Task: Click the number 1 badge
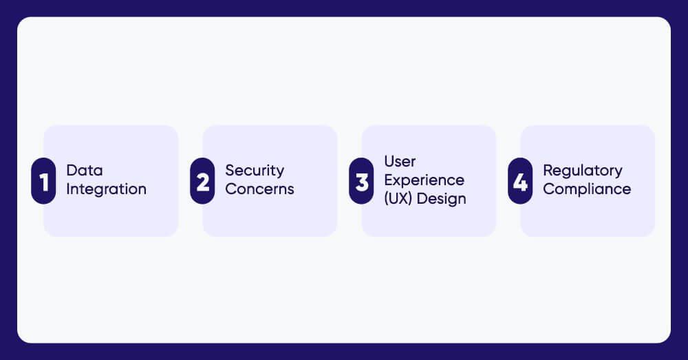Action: click(x=43, y=181)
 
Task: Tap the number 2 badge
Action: click(x=202, y=181)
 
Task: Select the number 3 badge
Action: click(x=361, y=181)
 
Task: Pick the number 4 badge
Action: click(x=520, y=181)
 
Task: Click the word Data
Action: click(x=85, y=171)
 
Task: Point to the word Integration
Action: click(x=106, y=189)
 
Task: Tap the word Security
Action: click(x=255, y=171)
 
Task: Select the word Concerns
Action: click(x=259, y=189)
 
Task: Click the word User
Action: click(x=400, y=162)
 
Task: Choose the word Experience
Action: click(x=424, y=180)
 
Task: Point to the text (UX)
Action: click(x=400, y=199)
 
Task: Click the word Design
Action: click(x=444, y=199)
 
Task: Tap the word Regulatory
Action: click(x=582, y=171)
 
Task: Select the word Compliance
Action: click(x=586, y=189)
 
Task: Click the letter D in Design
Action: click(x=426, y=199)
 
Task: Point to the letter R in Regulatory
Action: click(x=548, y=171)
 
